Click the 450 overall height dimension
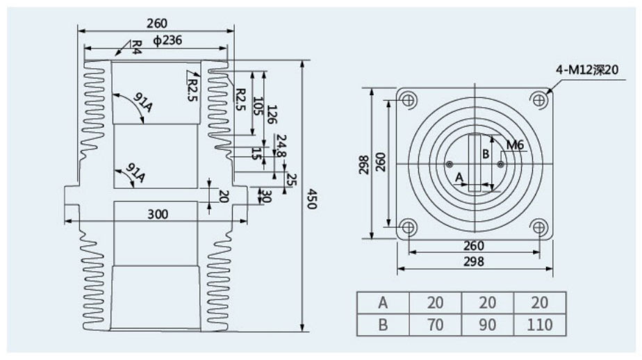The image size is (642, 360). [x=312, y=199]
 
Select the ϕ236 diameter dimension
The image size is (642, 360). [x=167, y=40]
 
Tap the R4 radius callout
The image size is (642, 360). [x=136, y=47]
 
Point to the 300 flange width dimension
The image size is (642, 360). [x=158, y=214]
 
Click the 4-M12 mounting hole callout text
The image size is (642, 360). [x=586, y=69]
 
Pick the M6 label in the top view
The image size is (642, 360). [x=515, y=145]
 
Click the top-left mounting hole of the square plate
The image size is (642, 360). [x=409, y=99]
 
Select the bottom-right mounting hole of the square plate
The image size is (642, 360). [x=539, y=227]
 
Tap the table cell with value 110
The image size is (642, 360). [x=540, y=325]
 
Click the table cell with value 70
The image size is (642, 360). [x=435, y=325]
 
